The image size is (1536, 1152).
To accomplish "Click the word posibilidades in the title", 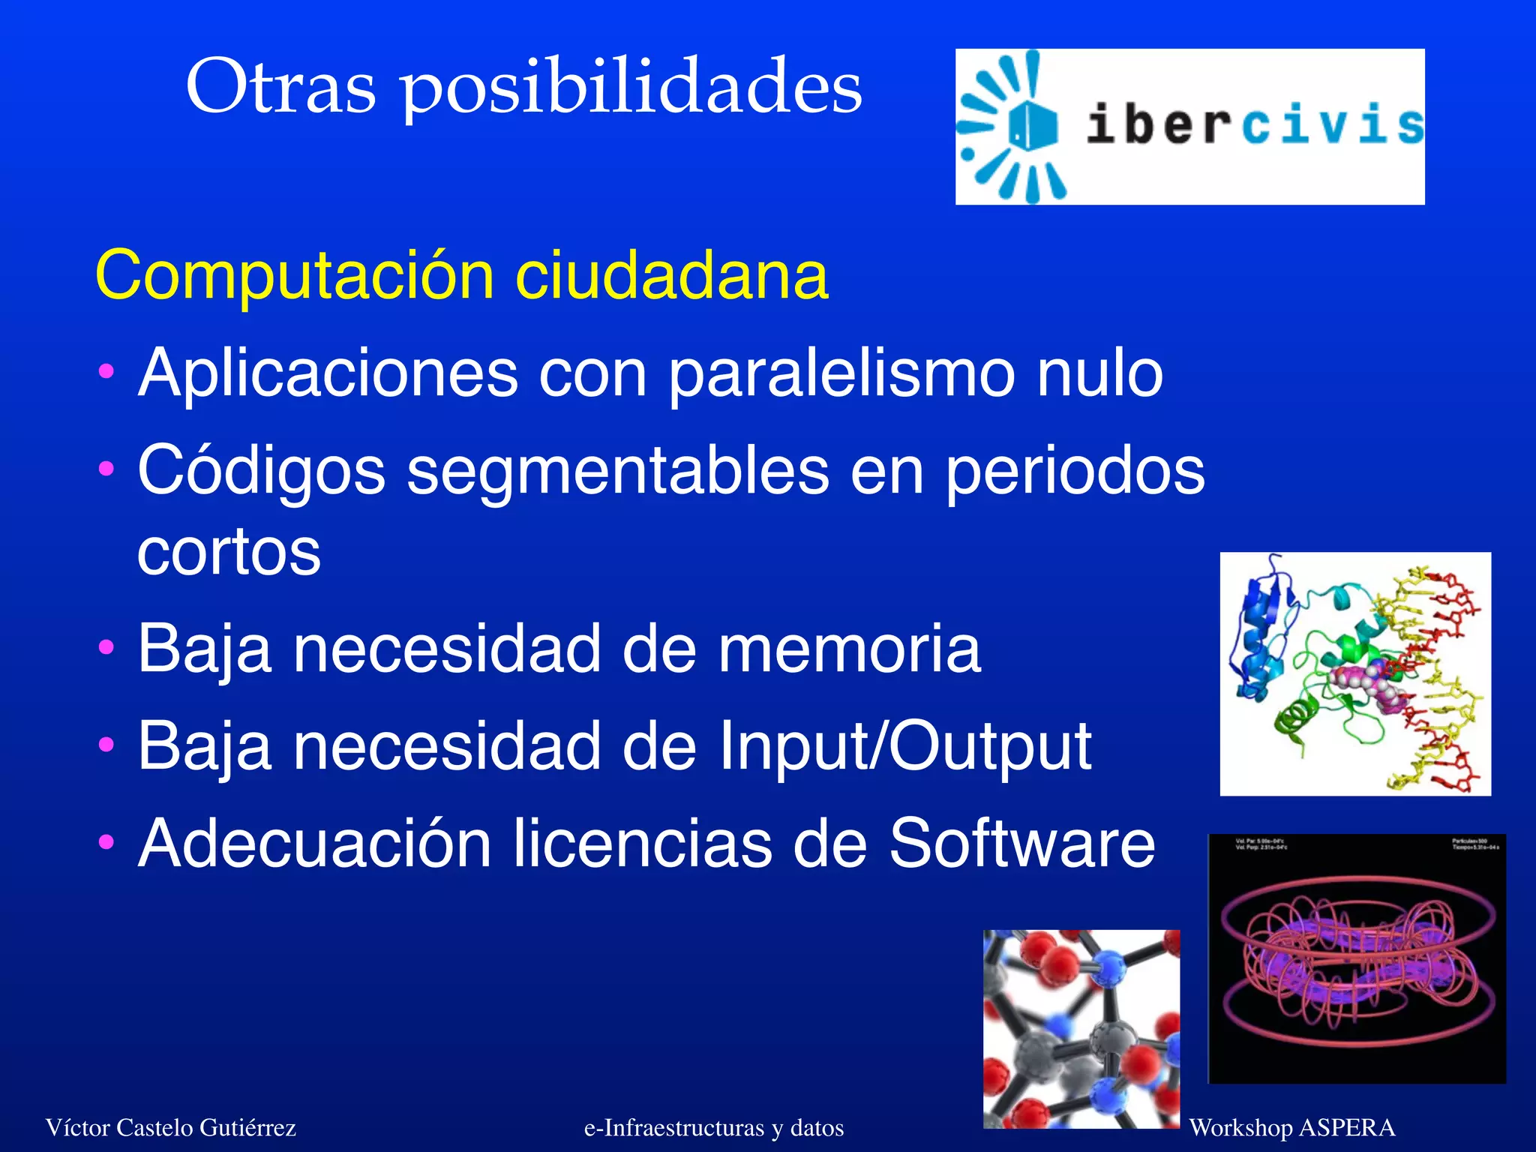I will pos(631,88).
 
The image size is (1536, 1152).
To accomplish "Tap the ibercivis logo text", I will pos(1254,125).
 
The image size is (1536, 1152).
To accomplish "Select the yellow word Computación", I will pos(294,276).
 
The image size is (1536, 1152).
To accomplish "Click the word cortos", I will pos(229,552).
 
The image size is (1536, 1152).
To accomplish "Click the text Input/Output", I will pos(904,745).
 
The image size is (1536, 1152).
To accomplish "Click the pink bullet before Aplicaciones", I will pos(106,370).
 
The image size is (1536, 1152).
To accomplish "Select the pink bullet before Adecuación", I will pos(106,841).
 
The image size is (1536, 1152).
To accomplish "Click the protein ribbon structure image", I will pos(1354,673).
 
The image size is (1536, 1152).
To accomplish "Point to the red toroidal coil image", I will pos(1356,958).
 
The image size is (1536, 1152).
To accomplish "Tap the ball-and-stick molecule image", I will pos(1081,1029).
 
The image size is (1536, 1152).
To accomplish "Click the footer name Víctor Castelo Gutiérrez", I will pos(171,1127).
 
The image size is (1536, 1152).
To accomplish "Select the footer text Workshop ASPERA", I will pos(1291,1127).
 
